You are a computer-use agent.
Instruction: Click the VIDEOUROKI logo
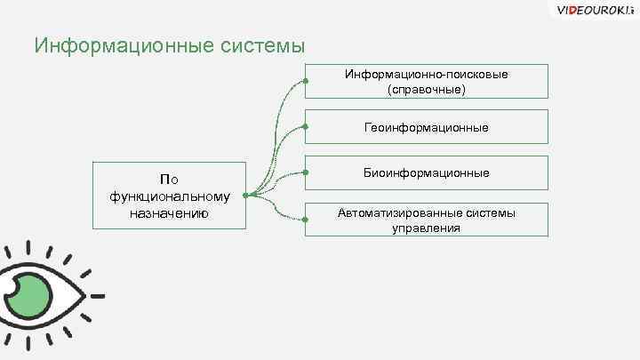point(591,11)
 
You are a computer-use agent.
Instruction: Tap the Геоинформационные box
point(427,127)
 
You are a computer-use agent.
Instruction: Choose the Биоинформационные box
point(427,172)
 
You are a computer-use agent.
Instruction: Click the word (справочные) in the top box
point(427,89)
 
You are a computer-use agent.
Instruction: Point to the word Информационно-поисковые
point(427,74)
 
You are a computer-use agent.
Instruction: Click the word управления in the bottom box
point(427,228)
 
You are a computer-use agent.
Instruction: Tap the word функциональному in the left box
point(170,196)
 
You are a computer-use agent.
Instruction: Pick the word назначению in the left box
point(170,212)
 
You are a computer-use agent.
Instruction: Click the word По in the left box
point(169,180)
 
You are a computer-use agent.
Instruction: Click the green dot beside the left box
point(246,196)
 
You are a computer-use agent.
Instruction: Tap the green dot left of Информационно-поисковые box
point(306,82)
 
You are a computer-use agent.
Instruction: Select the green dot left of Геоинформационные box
point(306,127)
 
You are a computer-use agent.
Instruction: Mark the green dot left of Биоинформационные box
point(306,172)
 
